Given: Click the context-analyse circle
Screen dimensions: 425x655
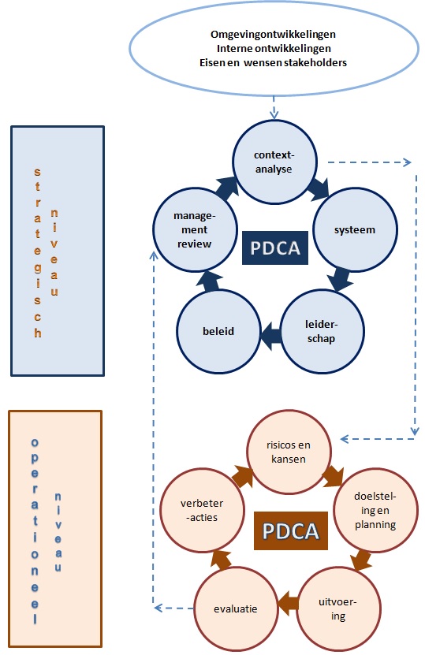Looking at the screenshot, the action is click(x=274, y=162).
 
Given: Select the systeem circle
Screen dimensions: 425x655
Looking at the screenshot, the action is click(x=355, y=229).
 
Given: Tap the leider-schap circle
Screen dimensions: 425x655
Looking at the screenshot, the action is click(x=322, y=331).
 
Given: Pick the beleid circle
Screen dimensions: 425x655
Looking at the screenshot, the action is click(x=218, y=331).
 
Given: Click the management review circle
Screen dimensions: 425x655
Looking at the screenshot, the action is click(x=195, y=229).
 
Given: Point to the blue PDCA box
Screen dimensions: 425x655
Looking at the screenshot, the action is click(x=275, y=248).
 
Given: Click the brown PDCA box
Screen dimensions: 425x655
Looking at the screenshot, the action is click(x=291, y=531).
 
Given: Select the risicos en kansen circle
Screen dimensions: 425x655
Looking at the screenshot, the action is click(x=289, y=452).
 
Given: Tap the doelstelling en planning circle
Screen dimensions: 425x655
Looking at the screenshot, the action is click(x=375, y=510).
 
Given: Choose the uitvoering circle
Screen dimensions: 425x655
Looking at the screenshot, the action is click(x=338, y=608).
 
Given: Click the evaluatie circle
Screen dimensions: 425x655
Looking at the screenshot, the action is click(x=236, y=608).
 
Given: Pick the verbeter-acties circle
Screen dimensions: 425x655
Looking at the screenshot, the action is click(x=203, y=510).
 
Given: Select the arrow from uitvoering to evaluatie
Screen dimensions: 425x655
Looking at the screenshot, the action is click(x=288, y=603).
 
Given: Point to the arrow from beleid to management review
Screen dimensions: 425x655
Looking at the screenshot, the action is click(x=207, y=281).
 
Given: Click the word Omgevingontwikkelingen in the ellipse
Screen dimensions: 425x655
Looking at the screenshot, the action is click(x=273, y=34).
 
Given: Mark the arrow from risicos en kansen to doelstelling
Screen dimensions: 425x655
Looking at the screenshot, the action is click(x=334, y=477).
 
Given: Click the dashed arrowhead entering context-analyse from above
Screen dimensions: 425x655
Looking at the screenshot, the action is click(x=274, y=114).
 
